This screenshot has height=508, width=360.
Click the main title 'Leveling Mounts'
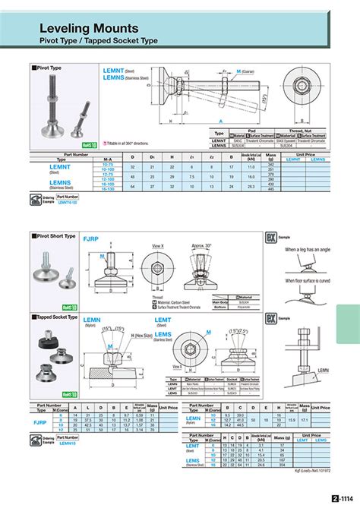(89, 27)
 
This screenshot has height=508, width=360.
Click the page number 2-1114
(343, 499)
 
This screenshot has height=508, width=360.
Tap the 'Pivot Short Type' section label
(55, 236)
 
